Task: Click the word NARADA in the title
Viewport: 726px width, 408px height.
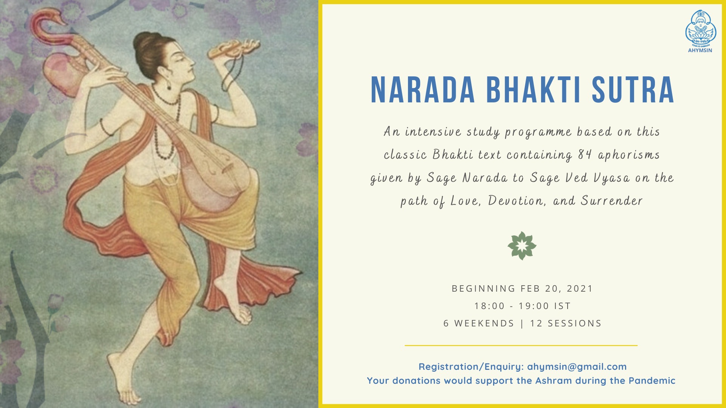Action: coord(423,90)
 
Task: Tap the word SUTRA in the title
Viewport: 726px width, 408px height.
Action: coord(633,90)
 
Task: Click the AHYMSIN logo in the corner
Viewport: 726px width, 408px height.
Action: coord(701,31)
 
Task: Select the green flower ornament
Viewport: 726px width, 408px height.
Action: coord(522,246)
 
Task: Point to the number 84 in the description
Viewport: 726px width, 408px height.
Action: coord(585,155)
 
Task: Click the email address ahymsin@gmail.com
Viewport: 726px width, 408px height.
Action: coord(577,366)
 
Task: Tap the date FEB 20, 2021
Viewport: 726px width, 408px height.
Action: coord(557,289)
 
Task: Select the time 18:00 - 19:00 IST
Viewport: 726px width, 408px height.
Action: coord(523,306)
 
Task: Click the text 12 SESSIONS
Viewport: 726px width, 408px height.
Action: coord(566,323)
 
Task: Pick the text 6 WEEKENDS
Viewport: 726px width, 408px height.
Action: coord(479,323)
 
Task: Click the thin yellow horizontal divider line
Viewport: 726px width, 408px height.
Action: coord(521,345)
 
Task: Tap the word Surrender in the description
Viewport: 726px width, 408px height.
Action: coord(612,201)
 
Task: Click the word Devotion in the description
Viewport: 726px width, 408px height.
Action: coord(517,201)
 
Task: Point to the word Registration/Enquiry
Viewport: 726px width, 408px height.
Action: coord(471,366)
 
